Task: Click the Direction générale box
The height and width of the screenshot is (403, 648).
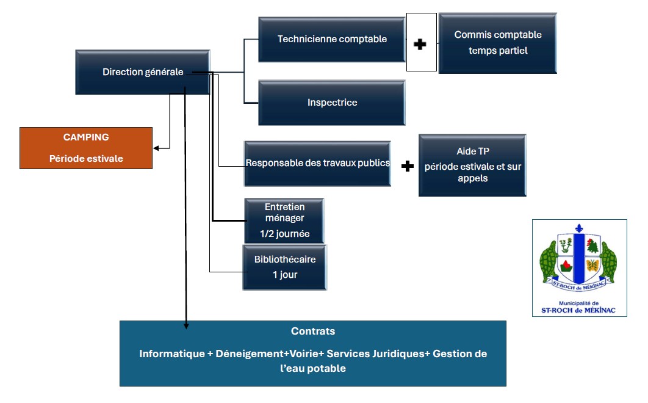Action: [x=143, y=72]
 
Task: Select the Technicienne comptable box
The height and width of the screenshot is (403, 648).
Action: [x=332, y=39]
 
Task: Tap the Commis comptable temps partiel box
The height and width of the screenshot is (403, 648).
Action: [x=498, y=43]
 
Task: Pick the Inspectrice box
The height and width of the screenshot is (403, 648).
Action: [x=332, y=103]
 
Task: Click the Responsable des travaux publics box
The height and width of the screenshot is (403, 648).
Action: [x=317, y=163]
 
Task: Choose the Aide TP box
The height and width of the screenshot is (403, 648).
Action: [x=472, y=165]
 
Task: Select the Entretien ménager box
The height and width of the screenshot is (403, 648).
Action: [x=284, y=220]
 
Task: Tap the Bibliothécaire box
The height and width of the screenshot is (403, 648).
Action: [x=285, y=267]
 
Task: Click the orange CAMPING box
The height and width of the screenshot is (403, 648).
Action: [x=86, y=148]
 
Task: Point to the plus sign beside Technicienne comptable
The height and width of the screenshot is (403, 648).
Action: [x=420, y=44]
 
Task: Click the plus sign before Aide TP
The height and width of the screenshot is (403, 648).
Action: [x=408, y=166]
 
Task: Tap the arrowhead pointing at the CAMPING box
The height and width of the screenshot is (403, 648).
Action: [x=156, y=148]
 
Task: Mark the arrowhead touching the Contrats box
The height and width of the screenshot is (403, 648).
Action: [x=186, y=325]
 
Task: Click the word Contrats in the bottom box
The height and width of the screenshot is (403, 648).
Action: [x=313, y=332]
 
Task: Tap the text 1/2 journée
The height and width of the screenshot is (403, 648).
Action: [x=284, y=234]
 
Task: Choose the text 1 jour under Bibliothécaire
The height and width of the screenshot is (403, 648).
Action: [x=285, y=275]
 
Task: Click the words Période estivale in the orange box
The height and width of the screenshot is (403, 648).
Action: [x=86, y=159]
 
